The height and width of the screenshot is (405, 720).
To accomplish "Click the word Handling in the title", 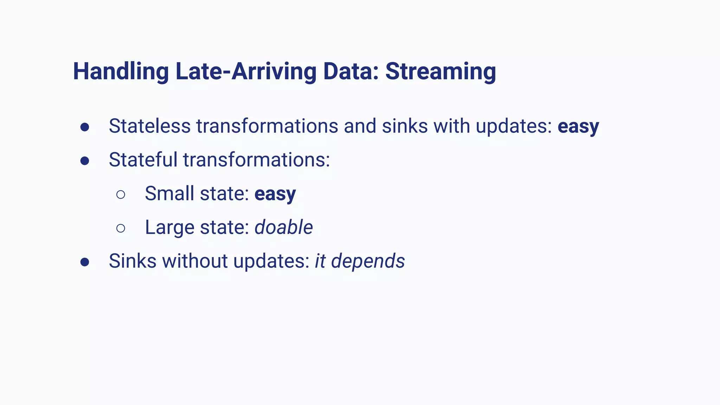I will coord(121,72).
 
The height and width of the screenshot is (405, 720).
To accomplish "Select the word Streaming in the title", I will coord(441,72).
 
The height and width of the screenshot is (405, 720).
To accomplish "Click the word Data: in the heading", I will coord(351,72).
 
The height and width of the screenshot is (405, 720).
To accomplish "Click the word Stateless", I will coord(149,126).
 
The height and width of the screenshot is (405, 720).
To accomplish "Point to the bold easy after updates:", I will coord(578,127).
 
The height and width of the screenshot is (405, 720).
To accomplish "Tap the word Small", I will coord(169,193).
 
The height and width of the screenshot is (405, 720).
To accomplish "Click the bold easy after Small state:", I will coord(275,194).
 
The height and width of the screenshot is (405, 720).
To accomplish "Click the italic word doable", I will coord(283,227).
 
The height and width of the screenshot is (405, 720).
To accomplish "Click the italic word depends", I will coord(368,262).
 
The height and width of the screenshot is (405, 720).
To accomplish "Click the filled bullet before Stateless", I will coord(84,127).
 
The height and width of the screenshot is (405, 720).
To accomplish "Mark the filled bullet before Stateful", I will coord(84,161).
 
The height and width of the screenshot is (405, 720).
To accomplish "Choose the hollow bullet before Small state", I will coord(121,194).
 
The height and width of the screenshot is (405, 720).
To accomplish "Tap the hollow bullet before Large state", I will coord(121,228).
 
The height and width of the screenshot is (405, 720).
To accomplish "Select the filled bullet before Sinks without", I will coord(84,262).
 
